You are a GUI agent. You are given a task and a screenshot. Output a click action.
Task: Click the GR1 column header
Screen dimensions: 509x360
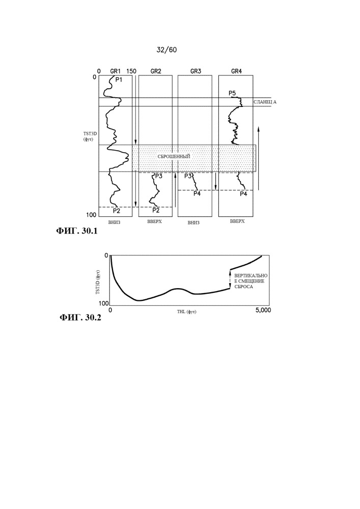tap(115, 71)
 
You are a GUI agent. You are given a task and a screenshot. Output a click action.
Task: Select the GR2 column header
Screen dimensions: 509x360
tap(156, 71)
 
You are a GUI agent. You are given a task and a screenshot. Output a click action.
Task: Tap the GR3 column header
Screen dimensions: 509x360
tap(195, 71)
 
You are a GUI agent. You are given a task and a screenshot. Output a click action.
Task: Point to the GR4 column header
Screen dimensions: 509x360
tap(236, 71)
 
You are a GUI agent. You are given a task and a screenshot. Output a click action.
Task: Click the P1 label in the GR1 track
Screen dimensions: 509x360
tap(118, 79)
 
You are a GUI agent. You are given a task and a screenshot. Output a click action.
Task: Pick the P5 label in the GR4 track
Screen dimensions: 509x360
tap(232, 93)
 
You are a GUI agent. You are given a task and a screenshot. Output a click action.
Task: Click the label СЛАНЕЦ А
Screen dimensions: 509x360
tap(264, 102)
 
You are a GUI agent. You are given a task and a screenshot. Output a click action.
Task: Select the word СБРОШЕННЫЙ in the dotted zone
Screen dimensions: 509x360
tap(174, 156)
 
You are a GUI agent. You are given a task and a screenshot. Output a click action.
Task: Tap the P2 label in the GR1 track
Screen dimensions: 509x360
tap(116, 210)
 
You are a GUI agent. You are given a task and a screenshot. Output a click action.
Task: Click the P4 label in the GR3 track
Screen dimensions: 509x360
tap(197, 193)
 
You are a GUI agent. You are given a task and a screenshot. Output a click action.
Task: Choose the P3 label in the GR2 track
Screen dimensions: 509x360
tap(158, 176)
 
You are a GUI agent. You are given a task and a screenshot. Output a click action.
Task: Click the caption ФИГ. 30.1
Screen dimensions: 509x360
tap(76, 232)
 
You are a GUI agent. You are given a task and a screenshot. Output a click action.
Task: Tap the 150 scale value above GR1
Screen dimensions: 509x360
tap(131, 71)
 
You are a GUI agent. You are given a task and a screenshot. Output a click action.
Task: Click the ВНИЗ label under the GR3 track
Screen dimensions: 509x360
tap(193, 222)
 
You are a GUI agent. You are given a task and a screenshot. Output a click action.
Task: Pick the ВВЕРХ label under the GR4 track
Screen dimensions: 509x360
tap(237, 222)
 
